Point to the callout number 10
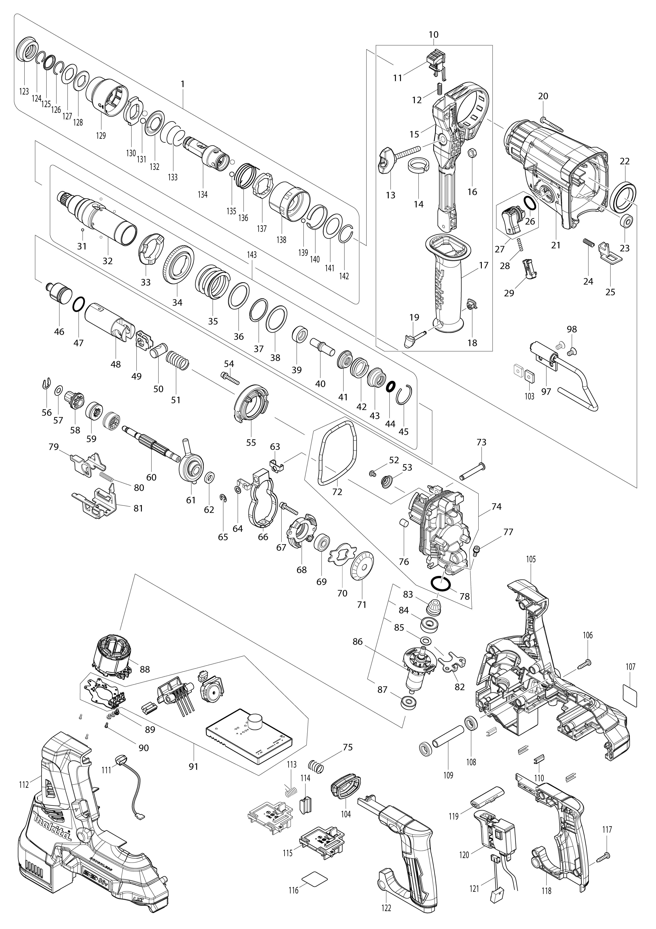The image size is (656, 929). click(x=433, y=35)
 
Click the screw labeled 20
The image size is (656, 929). click(x=552, y=123)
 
